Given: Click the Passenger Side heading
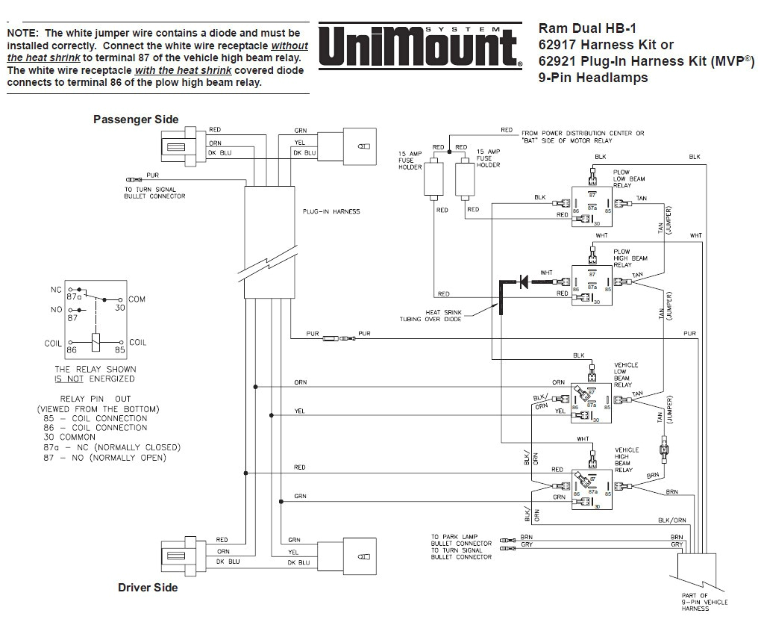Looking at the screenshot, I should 136,119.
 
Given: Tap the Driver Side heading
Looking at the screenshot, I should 148,588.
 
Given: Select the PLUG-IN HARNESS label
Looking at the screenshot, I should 331,211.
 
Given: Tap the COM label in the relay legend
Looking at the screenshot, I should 137,299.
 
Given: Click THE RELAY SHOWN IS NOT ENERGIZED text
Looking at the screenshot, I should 95,374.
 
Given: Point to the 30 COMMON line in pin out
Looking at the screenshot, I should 69,437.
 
